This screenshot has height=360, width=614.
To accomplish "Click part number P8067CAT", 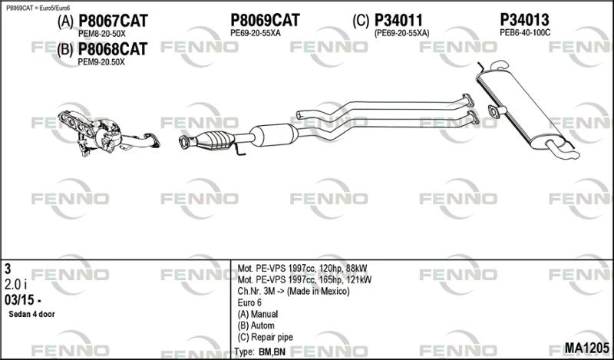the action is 113,21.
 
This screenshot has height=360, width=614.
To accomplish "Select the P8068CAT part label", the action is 113,49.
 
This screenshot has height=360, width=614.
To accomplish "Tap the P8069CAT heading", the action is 265,20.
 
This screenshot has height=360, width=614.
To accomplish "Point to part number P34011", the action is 398,21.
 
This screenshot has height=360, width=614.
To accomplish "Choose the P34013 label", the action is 525,20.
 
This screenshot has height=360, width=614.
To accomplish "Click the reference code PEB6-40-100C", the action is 525,33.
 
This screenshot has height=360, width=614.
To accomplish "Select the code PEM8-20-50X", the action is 102,34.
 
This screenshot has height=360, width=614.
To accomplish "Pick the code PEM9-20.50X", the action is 101,62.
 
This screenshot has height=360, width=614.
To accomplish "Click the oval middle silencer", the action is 274,135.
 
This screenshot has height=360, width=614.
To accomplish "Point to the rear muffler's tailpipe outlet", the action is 564,150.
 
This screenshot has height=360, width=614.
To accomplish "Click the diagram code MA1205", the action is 586,348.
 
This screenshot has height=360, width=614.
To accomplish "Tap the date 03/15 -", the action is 23,300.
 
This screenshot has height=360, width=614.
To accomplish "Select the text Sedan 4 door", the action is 31,314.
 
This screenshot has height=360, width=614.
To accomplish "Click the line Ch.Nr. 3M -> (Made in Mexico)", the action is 293,292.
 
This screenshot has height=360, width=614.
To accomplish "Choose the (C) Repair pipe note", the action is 265,337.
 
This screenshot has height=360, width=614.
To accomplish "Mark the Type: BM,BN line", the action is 260,352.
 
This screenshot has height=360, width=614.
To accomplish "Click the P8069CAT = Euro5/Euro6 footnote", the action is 38,8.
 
